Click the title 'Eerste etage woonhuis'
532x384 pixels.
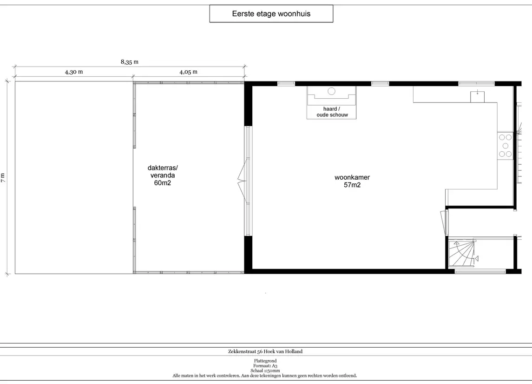271,13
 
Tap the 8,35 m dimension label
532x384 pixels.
130,62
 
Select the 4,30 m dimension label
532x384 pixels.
74,72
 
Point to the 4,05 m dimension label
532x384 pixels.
188,72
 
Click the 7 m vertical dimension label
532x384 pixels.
3,178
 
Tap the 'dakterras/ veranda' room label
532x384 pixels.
163,172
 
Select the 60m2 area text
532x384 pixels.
163,183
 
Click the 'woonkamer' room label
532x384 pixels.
352,177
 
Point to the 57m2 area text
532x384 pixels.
352,185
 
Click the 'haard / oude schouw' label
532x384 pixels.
332,112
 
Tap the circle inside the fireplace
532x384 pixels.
331,91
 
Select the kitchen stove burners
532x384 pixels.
505,146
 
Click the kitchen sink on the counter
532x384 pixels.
477,97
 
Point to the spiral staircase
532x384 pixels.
461,254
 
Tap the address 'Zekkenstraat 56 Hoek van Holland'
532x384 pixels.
265,351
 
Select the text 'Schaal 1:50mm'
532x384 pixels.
265,371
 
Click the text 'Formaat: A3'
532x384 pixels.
265,366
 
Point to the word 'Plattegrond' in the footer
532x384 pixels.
265,361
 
